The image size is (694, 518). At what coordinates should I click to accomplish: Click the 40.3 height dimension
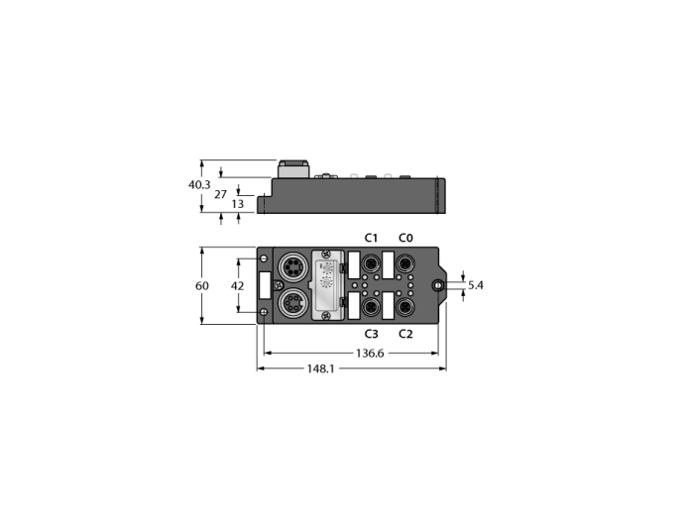click(x=199, y=185)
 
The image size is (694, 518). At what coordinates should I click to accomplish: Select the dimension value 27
click(x=220, y=194)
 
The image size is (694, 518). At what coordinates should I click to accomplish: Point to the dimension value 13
click(x=238, y=204)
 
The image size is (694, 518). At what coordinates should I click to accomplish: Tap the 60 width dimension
click(x=202, y=286)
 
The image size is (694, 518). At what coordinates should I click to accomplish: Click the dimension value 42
click(x=238, y=286)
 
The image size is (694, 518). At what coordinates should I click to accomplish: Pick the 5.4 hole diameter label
click(x=475, y=285)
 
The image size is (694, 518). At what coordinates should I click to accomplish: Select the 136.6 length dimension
click(x=370, y=354)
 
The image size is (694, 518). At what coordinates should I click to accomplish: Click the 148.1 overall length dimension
click(x=321, y=368)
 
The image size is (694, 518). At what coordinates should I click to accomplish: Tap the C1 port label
click(x=371, y=239)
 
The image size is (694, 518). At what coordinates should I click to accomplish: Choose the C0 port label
click(x=405, y=239)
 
